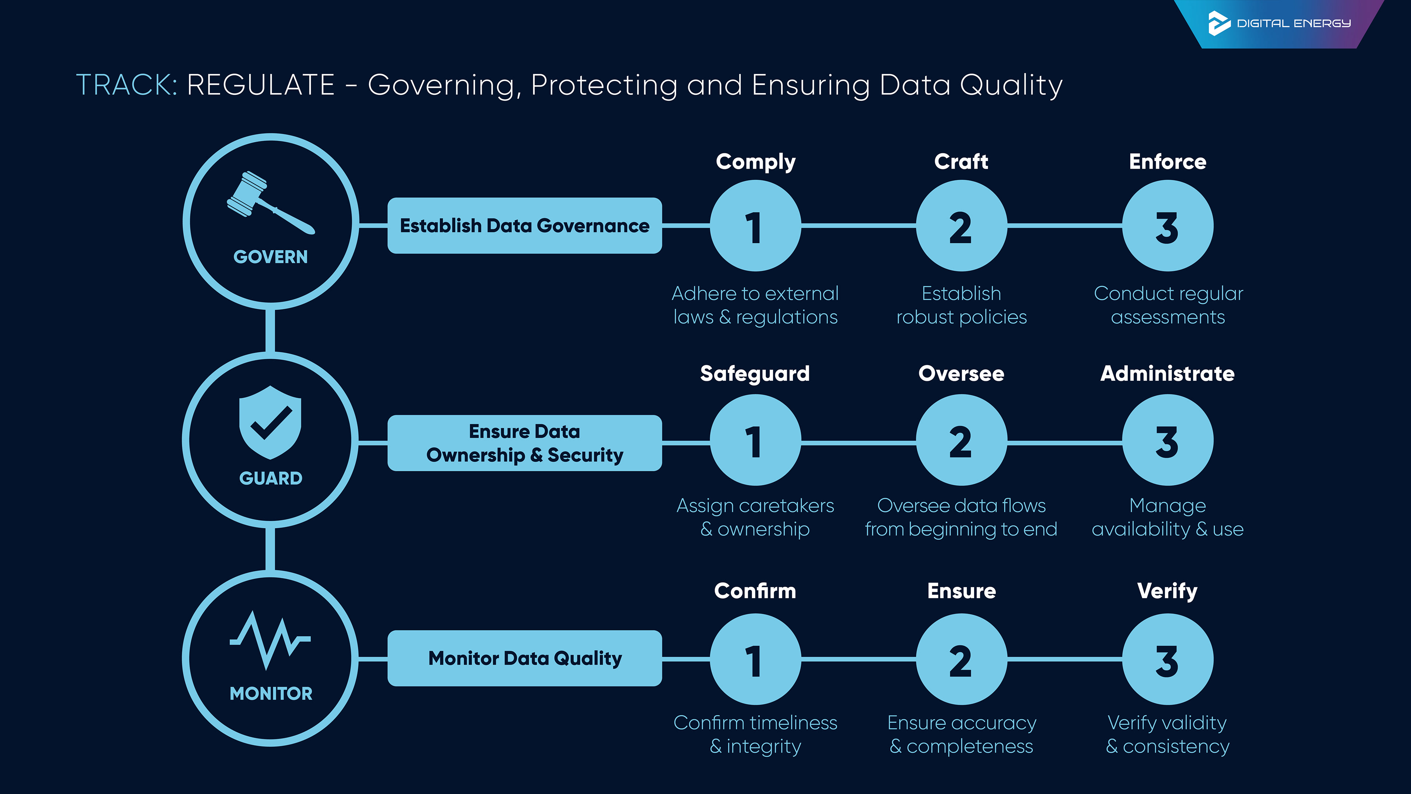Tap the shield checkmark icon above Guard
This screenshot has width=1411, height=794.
pos(270,422)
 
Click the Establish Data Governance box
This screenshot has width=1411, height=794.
pos(524,226)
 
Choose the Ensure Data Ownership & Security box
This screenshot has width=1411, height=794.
pos(524,443)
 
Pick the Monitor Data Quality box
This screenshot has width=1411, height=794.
pos(524,658)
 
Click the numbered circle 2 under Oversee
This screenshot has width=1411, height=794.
pos(961,441)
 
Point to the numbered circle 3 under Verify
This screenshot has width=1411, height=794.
pos(1167,659)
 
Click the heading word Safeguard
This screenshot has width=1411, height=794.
pos(755,374)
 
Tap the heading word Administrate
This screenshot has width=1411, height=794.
pos(1167,374)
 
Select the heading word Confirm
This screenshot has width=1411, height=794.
pos(755,591)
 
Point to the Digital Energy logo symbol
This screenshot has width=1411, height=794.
pos(1219,23)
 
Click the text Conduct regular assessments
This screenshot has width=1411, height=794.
pos(1168,305)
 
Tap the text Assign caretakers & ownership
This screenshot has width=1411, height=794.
pos(755,517)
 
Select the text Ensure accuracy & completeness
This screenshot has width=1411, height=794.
pos(961,734)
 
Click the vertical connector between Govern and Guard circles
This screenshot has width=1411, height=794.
pos(270,330)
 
